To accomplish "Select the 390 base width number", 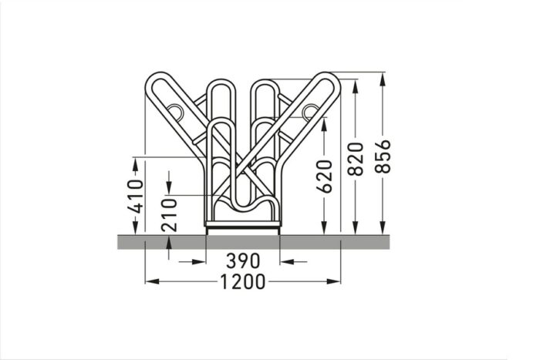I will (242, 261).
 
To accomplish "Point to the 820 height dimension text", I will (355, 160).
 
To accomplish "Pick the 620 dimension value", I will (325, 176).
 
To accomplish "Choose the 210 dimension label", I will (170, 214).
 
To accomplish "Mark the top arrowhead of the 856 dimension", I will (383, 78).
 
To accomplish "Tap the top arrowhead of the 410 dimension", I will (136, 163).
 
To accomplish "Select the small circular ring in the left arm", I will (176, 112).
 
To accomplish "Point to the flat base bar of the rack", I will (242, 228).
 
